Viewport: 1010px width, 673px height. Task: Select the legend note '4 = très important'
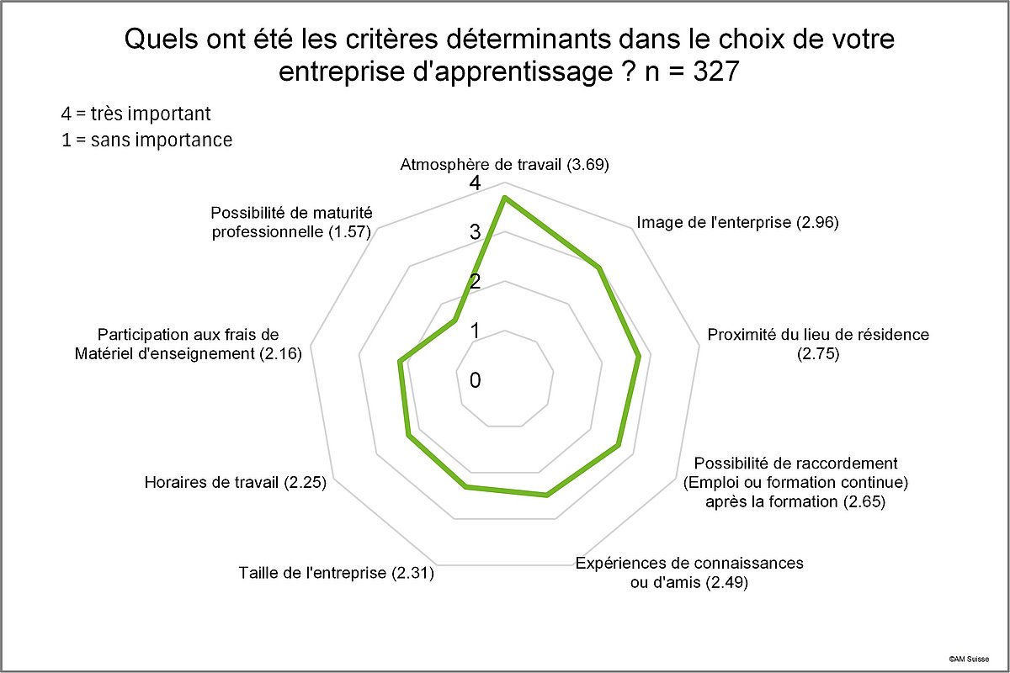[136, 114]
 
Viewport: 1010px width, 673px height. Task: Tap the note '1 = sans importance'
[147, 140]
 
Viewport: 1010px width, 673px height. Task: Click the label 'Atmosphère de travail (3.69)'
[504, 165]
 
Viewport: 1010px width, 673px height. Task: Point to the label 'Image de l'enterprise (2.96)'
[738, 223]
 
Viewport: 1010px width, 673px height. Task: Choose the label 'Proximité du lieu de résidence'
[818, 335]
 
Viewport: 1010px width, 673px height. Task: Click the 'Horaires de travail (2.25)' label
[236, 483]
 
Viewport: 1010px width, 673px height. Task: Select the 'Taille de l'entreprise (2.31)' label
[337, 575]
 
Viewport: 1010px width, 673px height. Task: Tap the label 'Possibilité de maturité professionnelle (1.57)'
[291, 222]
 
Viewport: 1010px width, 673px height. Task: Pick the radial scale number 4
[476, 183]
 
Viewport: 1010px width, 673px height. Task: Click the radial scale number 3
[476, 232]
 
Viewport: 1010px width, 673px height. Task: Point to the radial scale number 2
[476, 282]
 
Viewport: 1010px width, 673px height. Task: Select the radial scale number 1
[476, 331]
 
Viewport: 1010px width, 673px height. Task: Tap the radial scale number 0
[476, 380]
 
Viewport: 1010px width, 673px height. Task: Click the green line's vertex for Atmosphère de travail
[504, 198]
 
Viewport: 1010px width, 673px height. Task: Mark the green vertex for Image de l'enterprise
[598, 268]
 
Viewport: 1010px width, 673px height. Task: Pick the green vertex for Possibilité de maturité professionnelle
[455, 321]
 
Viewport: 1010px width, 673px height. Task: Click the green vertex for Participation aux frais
[400, 362]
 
